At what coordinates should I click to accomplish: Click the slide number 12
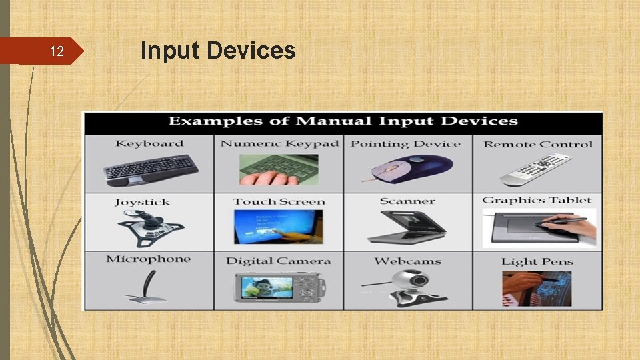(57, 51)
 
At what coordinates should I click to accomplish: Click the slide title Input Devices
(218, 50)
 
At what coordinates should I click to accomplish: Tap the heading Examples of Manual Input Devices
(343, 121)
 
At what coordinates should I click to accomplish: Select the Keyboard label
(149, 143)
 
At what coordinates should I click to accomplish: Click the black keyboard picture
(151, 169)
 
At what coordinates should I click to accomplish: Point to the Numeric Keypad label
(279, 143)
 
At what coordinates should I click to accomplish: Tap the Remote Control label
(537, 144)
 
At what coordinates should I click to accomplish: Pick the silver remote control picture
(537, 169)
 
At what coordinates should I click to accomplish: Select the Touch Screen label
(279, 201)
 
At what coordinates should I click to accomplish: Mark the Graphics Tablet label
(537, 200)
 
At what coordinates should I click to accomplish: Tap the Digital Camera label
(278, 261)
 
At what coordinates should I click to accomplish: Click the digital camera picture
(279, 287)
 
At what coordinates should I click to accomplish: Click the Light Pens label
(537, 261)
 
